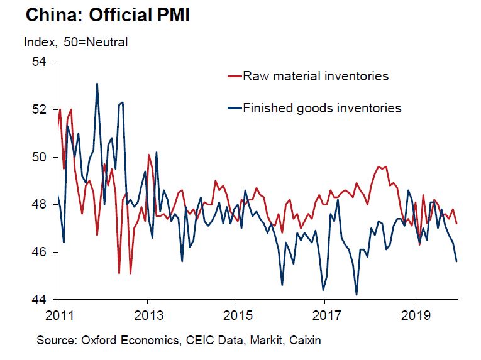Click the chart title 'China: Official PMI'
coord(108,16)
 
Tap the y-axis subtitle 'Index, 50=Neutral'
coord(75,43)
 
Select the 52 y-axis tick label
coord(39,109)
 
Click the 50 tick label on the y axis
coord(39,157)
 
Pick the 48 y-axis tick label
coord(39,204)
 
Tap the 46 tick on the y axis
coord(39,252)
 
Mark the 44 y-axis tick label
coord(39,299)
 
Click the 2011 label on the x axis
coord(58,314)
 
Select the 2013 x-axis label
coord(147,314)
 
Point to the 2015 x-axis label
coord(236,314)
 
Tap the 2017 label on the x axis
coord(326,314)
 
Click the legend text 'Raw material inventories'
coord(316,77)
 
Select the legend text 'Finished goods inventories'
coord(322,108)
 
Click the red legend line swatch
coord(234,77)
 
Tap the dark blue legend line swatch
coord(234,108)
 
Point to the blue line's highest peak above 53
coord(97,84)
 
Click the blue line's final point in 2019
coord(456,261)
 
